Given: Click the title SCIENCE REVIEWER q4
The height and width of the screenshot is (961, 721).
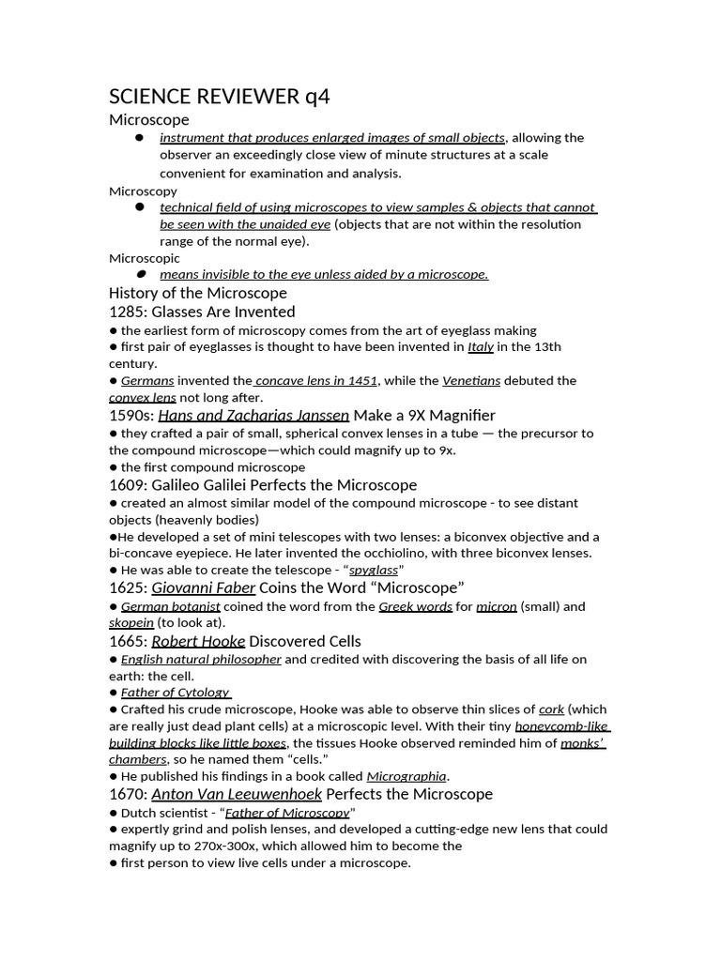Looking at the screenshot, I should [220, 97].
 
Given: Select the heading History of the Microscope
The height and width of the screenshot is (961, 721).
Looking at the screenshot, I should [198, 293].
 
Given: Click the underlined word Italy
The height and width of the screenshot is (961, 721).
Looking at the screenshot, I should [480, 347].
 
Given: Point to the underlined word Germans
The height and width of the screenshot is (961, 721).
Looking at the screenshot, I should [147, 381].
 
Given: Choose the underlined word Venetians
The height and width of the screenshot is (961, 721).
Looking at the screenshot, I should [471, 381].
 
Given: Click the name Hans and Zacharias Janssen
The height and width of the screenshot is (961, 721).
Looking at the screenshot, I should [253, 415].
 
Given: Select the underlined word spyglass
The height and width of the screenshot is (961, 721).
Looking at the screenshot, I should [374, 571].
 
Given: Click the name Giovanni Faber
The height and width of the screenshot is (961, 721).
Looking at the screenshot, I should [204, 588].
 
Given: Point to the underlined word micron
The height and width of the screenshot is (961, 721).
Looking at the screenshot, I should [497, 606].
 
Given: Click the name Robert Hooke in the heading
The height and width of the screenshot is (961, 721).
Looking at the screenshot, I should [198, 641].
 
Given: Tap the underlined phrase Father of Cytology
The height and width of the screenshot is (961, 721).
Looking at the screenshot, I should [176, 693].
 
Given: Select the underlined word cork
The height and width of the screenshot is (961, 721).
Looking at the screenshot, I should [551, 709].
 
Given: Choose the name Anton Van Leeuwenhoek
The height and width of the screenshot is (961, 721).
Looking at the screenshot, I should [237, 794].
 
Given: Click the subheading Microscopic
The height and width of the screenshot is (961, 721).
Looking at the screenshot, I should [145, 258].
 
